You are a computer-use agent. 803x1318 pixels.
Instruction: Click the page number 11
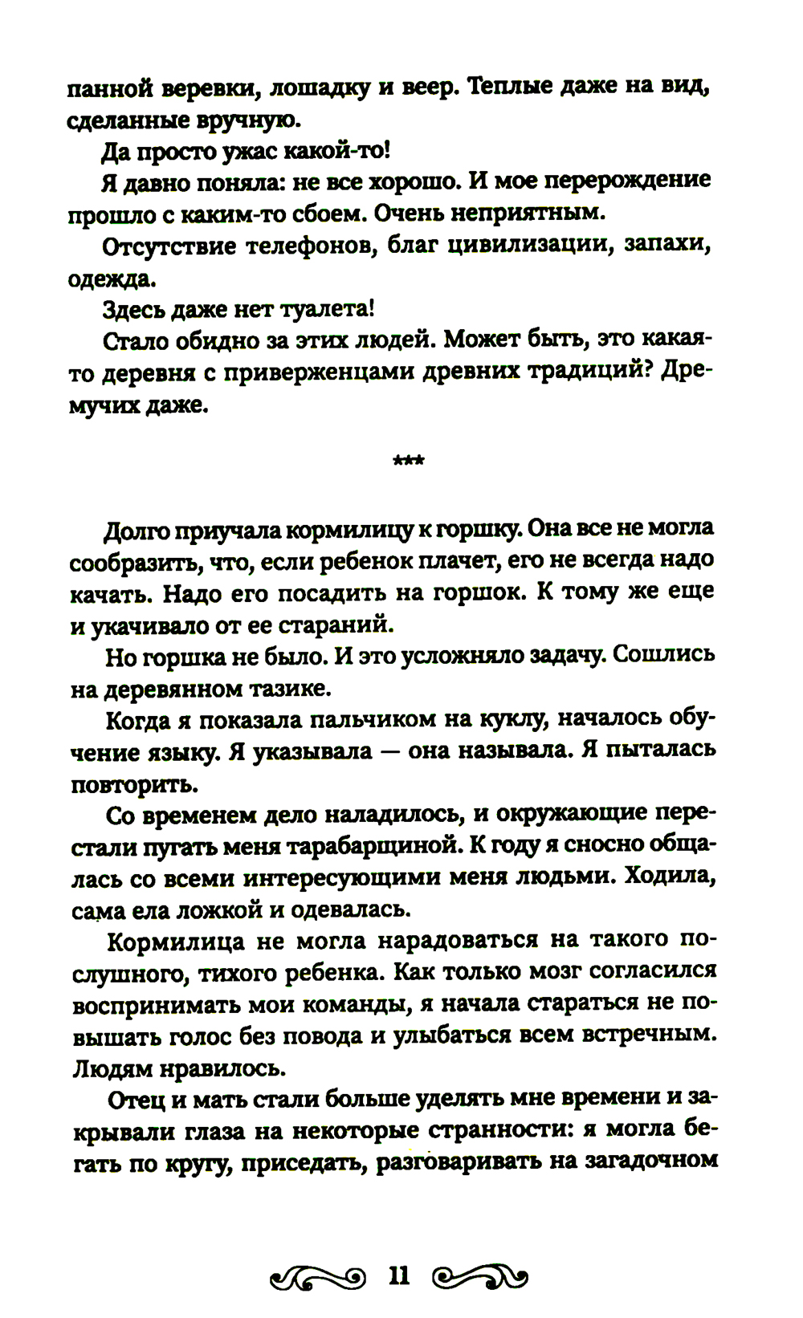399,1275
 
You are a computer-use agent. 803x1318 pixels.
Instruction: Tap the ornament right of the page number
480,1276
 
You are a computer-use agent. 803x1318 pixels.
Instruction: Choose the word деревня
147,372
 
